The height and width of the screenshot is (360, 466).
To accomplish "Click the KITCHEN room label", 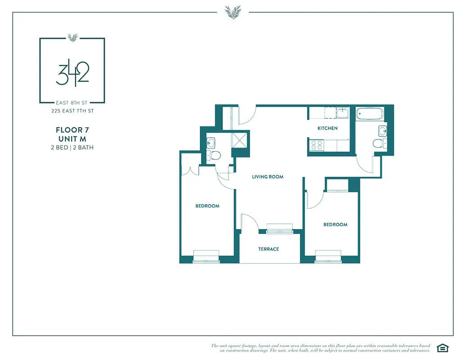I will coord(327,128).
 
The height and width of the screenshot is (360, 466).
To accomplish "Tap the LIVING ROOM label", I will coord(267,177).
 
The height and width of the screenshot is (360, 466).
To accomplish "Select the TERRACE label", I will coord(268,249).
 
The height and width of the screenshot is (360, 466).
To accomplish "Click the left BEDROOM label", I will coord(207,206).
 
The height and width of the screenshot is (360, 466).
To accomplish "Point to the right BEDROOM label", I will coord(335,225).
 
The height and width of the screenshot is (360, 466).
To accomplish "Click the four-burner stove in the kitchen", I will coord(317,145).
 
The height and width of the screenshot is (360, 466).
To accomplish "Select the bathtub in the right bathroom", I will coord(370,114).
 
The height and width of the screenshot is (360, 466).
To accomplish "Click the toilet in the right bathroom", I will coord(379,144).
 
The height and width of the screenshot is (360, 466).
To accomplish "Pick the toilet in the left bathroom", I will coord(214,156).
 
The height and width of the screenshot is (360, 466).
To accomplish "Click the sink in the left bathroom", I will coord(211,143).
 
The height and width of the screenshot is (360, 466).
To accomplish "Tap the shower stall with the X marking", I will coord(240,139).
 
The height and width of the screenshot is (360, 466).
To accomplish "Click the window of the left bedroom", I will coord(206,256).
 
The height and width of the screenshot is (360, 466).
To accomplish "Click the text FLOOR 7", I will coord(72,130).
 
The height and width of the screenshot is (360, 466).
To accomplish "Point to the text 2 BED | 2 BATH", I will coord(72,147).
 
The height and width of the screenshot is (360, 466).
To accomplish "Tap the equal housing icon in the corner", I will coord(443,347).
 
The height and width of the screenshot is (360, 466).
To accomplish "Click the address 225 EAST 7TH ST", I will coord(72,111).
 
